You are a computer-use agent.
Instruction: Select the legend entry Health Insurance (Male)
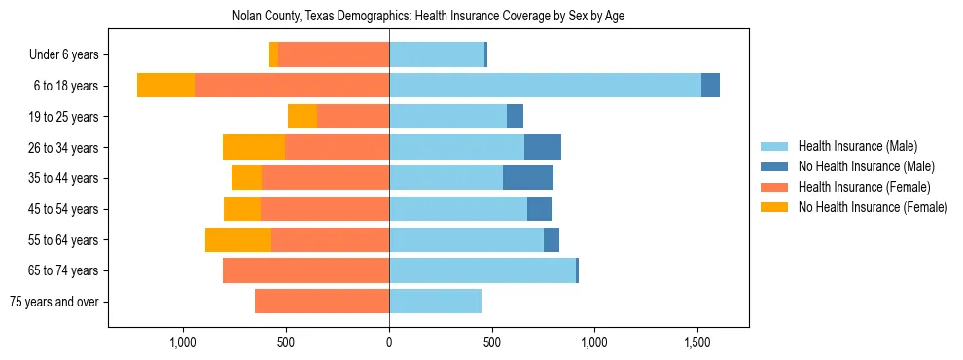click(x=857, y=146)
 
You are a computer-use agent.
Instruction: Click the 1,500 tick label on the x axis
click(x=697, y=342)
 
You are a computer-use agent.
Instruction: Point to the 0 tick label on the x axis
click(x=389, y=342)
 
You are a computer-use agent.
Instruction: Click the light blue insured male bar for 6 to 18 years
click(x=545, y=86)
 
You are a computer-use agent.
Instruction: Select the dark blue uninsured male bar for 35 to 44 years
click(x=528, y=178)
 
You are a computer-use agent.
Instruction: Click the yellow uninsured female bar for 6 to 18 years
click(x=165, y=86)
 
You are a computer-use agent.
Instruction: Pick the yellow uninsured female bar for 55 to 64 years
click(x=238, y=239)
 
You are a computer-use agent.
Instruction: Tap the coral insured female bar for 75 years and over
click(x=322, y=302)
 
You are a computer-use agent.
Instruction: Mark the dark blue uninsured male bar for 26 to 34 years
click(x=543, y=147)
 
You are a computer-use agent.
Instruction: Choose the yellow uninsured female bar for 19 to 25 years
click(x=303, y=117)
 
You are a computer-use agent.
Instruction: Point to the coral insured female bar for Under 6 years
click(x=334, y=54)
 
